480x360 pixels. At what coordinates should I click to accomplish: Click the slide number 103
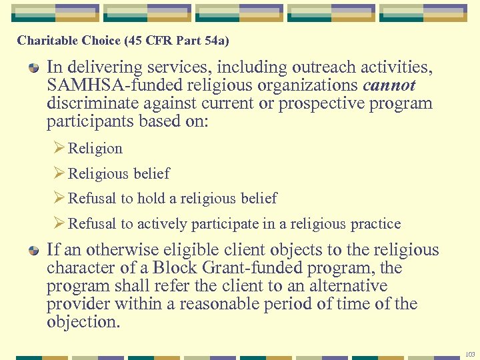coord(471,353)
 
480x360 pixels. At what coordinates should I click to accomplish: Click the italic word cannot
coord(389,86)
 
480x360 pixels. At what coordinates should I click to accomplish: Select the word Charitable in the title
coord(47,41)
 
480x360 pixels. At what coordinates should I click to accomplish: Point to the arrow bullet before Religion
coord(58,149)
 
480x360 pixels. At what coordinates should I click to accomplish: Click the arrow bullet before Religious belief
coord(58,173)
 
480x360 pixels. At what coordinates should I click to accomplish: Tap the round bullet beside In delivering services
coord(33,69)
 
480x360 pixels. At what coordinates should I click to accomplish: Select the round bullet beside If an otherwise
coord(33,251)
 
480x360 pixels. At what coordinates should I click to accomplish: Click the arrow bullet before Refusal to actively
coord(58,223)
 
